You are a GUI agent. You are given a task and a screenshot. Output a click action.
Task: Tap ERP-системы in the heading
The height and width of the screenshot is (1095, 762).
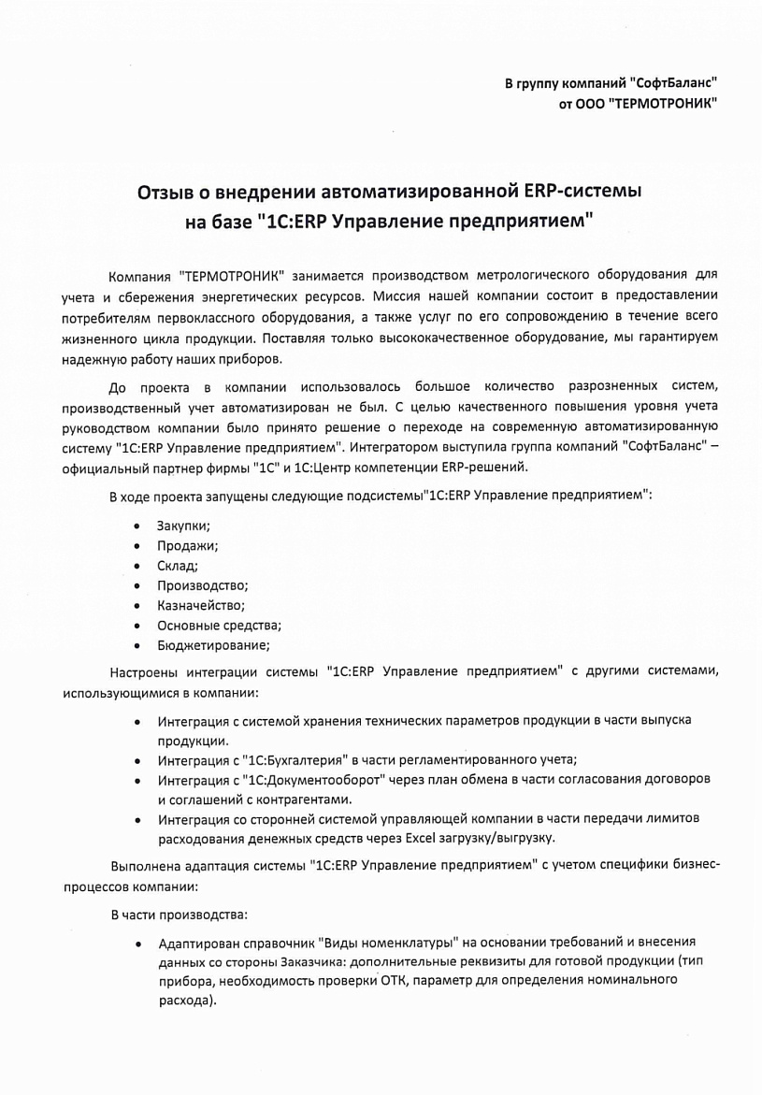580,193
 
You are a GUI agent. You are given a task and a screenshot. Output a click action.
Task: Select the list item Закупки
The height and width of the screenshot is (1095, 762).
183,526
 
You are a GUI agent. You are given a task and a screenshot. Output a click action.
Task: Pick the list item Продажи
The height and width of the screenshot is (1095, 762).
187,546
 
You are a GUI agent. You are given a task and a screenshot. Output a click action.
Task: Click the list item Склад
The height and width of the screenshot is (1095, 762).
178,566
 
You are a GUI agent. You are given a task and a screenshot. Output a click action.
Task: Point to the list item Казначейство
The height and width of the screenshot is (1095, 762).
201,605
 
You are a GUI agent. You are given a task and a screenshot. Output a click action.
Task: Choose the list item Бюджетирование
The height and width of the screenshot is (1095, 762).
213,644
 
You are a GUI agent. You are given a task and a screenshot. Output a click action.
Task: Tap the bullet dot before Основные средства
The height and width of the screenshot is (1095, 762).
137,625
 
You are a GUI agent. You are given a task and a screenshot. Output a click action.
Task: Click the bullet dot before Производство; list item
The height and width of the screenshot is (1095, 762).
137,585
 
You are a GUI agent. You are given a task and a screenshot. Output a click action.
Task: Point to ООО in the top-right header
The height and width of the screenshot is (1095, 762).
586,104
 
